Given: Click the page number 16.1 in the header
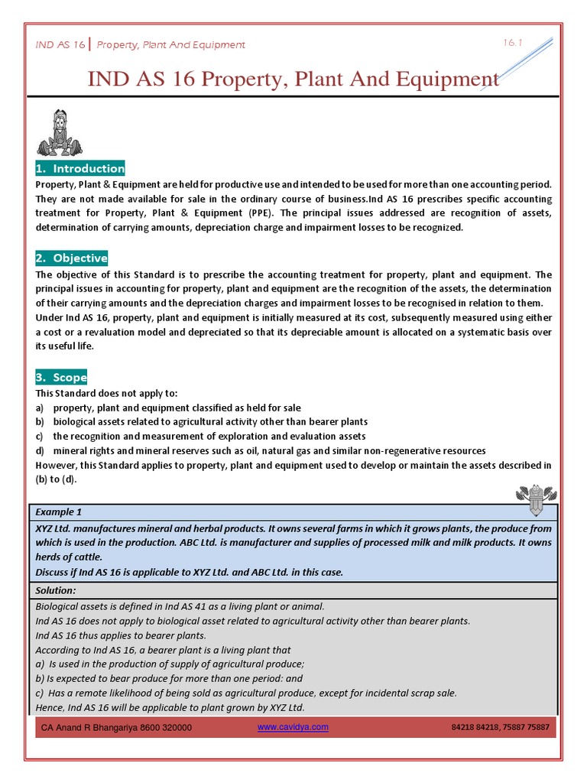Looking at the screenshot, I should click(511, 43).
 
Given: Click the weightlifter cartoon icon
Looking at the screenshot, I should click(58, 133).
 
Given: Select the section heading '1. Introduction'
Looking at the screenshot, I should click(80, 168).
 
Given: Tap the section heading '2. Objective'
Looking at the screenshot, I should click(72, 258).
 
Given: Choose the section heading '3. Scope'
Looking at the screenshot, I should click(62, 377).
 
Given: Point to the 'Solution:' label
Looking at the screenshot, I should click(56, 590).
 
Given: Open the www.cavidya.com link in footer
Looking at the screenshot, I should click(293, 727).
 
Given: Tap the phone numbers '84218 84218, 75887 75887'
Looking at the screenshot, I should click(500, 727).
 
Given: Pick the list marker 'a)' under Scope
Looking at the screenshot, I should click(40, 407).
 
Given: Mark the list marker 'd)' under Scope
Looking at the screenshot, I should click(41, 450).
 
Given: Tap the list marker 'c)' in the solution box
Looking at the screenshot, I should click(40, 693).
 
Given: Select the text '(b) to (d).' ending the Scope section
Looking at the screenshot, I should click(57, 479).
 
